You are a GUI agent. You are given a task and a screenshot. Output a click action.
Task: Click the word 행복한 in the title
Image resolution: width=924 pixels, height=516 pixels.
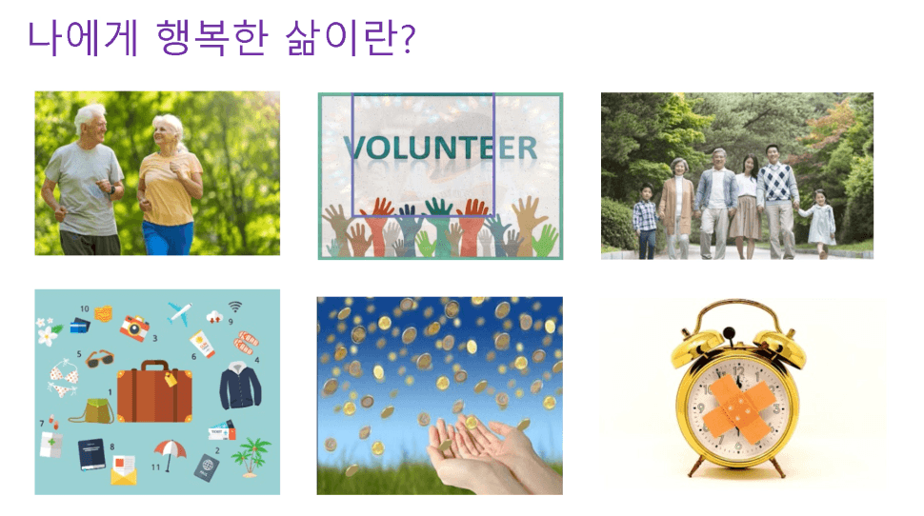(x=212, y=38)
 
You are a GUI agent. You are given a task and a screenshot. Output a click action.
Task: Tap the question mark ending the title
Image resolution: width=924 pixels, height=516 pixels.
(x=408, y=39)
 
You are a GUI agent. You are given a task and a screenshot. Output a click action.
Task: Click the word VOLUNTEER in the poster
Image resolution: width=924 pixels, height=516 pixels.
(x=440, y=148)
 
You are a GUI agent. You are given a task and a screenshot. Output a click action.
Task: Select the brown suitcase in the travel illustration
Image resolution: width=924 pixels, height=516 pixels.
(x=154, y=391)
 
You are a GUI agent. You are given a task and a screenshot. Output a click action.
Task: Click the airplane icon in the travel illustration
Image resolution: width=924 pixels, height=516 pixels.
(x=179, y=313)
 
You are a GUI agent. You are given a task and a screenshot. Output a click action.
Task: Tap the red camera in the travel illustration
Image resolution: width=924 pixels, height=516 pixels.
(x=134, y=327)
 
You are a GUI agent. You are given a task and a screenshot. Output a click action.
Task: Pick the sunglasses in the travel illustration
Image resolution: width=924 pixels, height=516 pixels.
(x=100, y=358)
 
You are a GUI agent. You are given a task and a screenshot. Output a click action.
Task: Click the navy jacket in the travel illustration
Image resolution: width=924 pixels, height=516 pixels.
(x=240, y=386)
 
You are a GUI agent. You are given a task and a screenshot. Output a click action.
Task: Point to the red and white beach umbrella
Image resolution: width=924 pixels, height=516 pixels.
(x=170, y=454)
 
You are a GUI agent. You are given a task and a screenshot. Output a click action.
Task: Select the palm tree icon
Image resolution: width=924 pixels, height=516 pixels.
(x=251, y=457)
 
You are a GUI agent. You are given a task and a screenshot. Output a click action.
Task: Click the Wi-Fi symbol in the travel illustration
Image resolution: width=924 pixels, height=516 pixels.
(x=235, y=307)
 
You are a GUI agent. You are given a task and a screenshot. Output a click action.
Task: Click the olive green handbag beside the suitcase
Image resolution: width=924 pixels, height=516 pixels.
(x=93, y=411)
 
